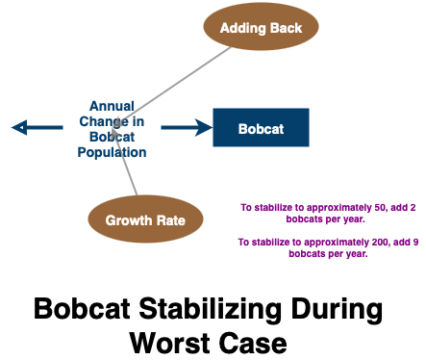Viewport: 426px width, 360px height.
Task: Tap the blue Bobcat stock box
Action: tap(261, 127)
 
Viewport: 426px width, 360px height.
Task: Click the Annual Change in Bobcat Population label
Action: tap(112, 128)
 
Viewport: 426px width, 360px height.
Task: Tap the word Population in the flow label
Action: tap(113, 152)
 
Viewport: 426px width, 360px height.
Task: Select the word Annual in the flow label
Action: tap(112, 105)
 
